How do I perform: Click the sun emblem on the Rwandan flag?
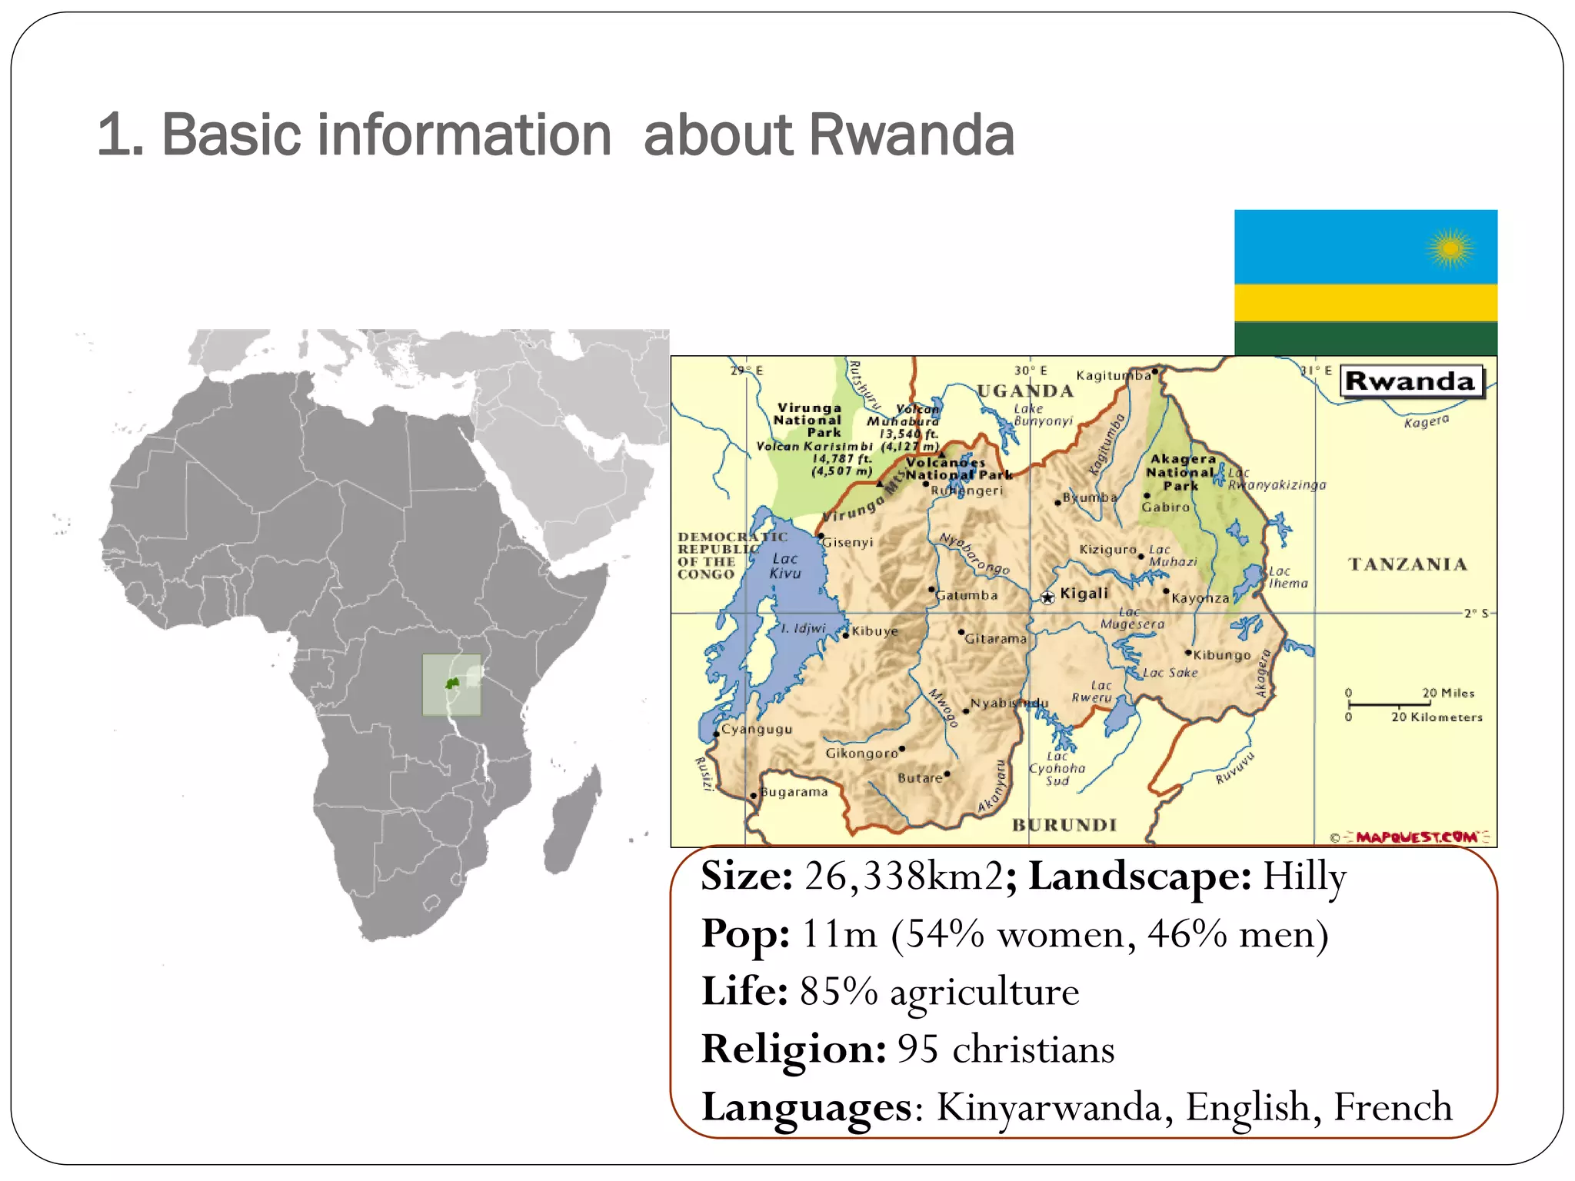(x=1450, y=248)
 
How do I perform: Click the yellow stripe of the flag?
(x=1365, y=302)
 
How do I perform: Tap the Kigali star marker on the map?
(x=1047, y=597)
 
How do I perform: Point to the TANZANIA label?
(x=1407, y=564)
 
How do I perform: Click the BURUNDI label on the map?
(x=1064, y=825)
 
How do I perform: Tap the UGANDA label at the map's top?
(x=1025, y=391)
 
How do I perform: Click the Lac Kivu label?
(x=785, y=566)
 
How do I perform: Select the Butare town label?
(x=920, y=778)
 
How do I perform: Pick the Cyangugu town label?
(x=757, y=729)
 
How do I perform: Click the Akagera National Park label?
(x=1181, y=472)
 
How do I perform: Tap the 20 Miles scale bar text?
(x=1447, y=693)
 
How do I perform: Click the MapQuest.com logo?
(x=1417, y=837)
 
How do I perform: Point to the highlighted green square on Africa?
(x=451, y=684)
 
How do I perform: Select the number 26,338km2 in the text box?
(x=904, y=876)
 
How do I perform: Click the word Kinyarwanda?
(x=1054, y=1107)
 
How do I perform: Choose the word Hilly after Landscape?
(x=1304, y=876)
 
